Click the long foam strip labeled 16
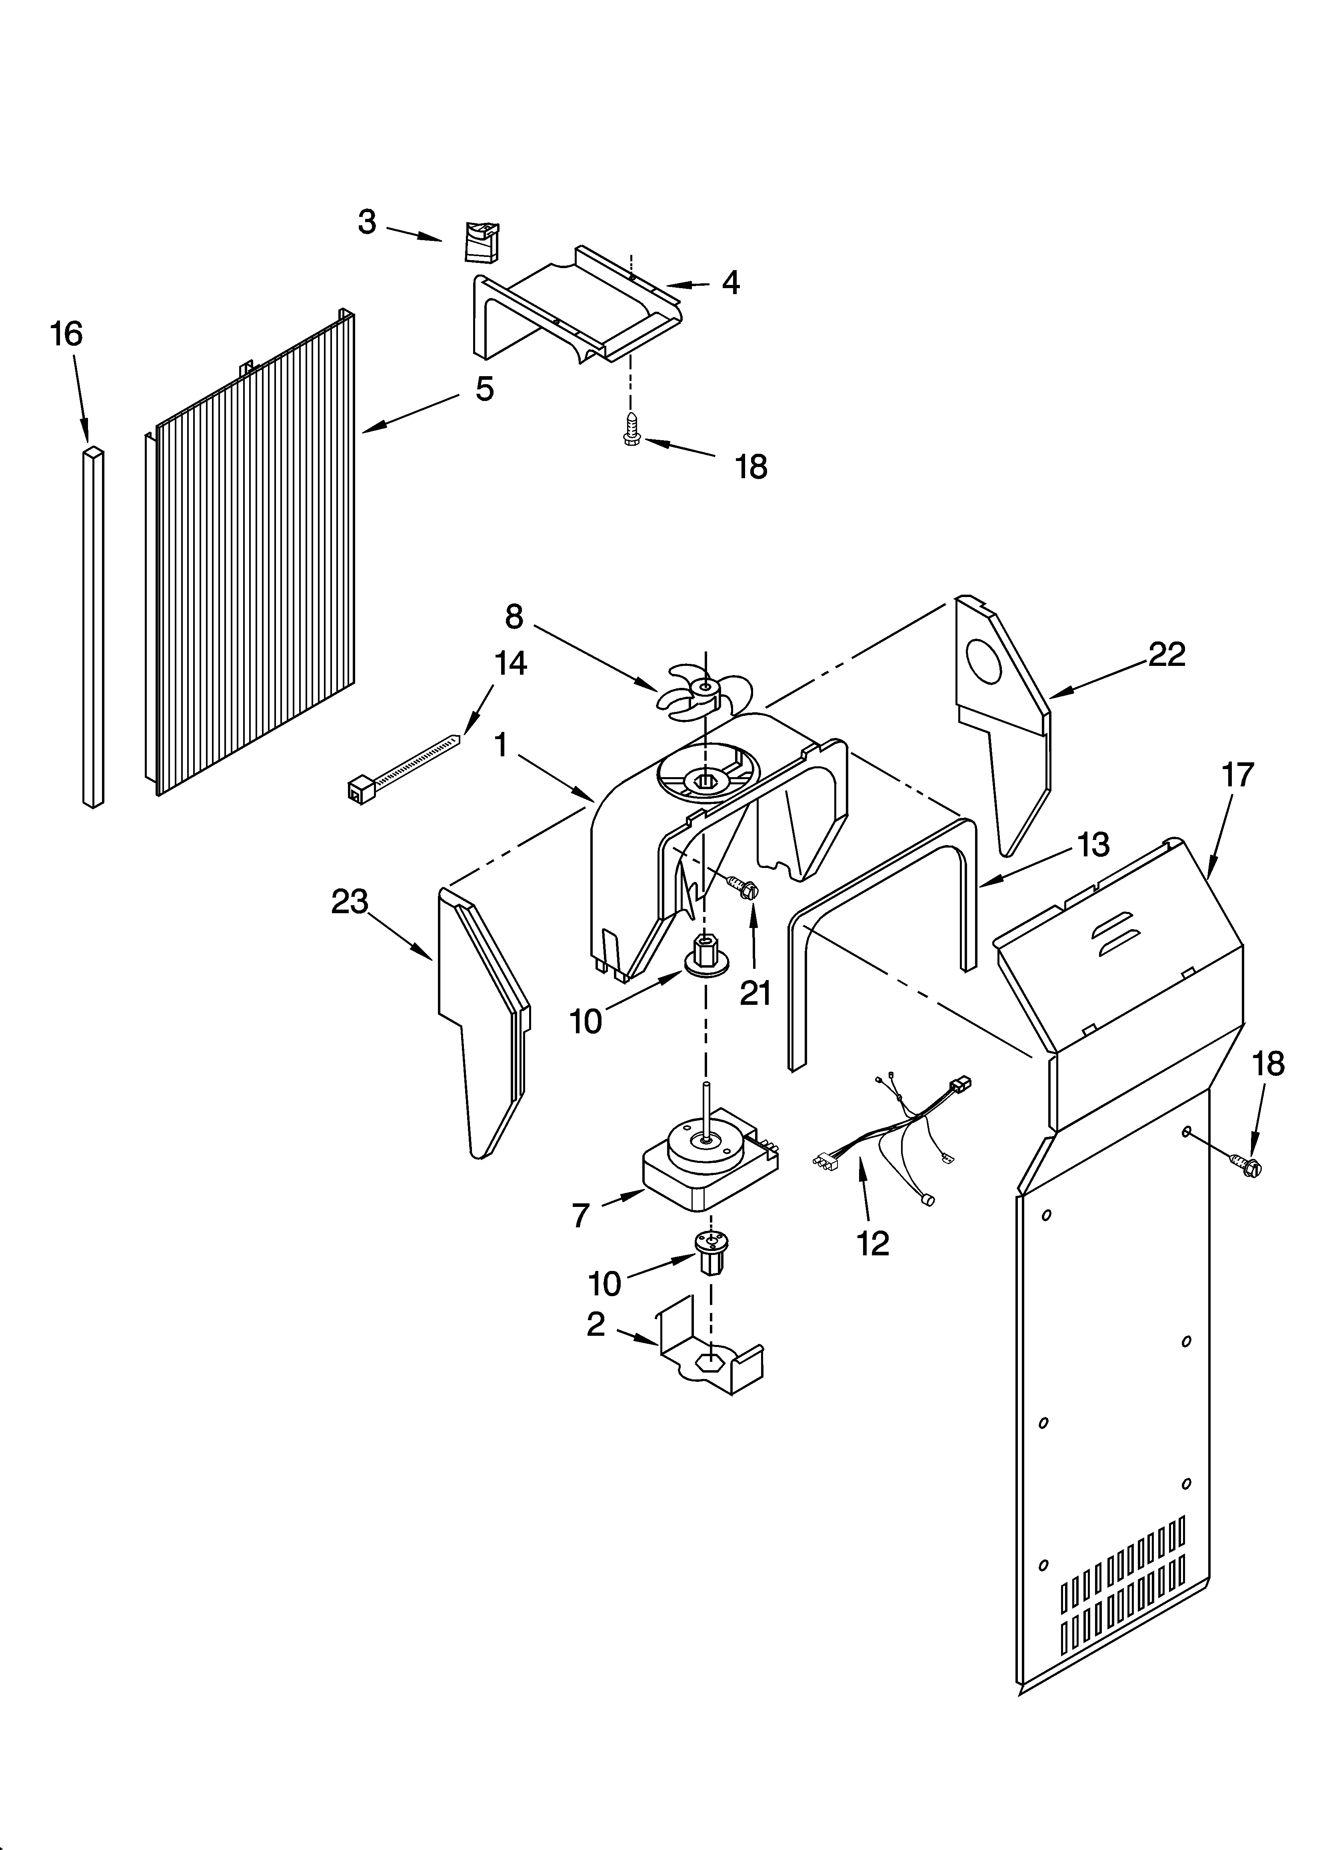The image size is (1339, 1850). [x=94, y=628]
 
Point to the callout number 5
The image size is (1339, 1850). [x=484, y=389]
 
